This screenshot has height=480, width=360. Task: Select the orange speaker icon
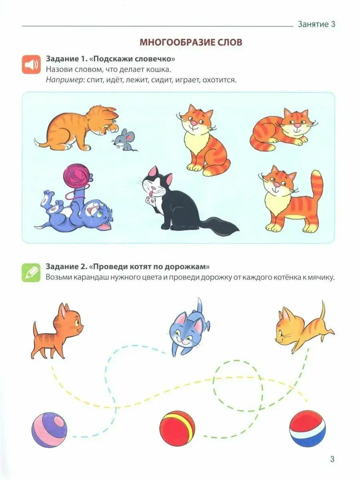[x=31, y=64]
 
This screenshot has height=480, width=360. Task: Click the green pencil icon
[x=31, y=273]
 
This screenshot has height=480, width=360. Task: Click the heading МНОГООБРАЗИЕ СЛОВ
[x=191, y=42]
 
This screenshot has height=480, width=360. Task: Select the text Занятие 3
[x=316, y=24]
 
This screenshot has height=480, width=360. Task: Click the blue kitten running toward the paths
[x=189, y=328]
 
